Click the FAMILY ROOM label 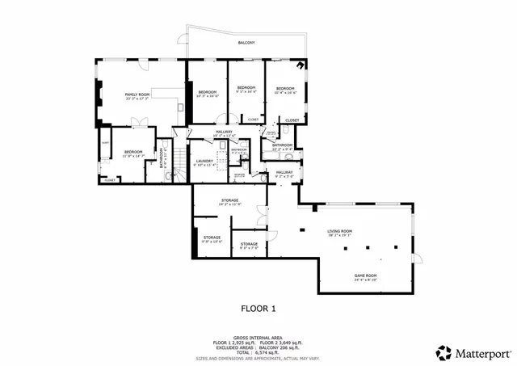click(137, 96)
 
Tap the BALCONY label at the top click(246, 43)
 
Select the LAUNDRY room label click(204, 162)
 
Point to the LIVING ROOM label click(340, 233)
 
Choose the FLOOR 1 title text click(258, 309)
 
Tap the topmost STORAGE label click(230, 201)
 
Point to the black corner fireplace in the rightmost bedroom click(301, 66)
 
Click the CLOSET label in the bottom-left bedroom click(109, 180)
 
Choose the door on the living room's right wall click(418, 258)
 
